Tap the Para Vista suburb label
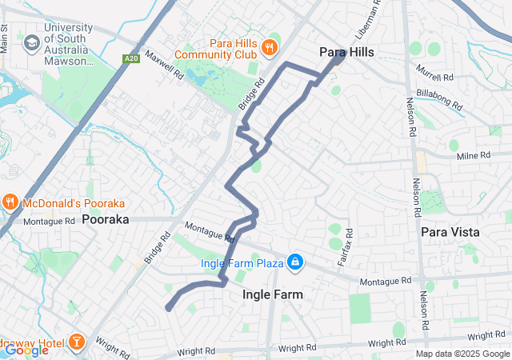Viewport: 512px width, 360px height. click(x=450, y=232)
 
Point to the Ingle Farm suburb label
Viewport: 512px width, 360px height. click(x=273, y=294)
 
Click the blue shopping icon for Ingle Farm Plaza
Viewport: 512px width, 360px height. click(x=295, y=262)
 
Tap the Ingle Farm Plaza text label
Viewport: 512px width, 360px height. click(x=242, y=262)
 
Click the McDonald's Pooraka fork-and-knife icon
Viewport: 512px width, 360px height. click(x=10, y=202)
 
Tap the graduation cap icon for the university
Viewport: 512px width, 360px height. click(x=33, y=42)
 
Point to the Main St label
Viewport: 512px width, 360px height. click(x=5, y=39)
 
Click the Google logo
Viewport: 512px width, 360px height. click(x=26, y=350)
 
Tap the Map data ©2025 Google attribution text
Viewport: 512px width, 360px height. click(x=462, y=354)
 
